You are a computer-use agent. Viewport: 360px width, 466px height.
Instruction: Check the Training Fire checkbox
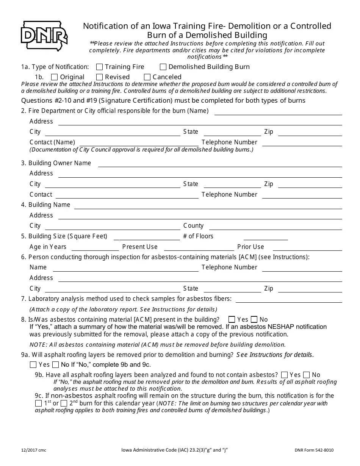tap(100, 67)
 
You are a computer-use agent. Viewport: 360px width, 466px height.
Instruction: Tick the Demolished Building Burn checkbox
tap(163, 67)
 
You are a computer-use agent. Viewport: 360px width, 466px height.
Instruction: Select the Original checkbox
tap(55, 77)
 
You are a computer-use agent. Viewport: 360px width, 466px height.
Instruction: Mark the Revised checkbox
tap(100, 77)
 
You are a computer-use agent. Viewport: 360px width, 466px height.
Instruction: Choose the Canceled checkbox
tap(147, 77)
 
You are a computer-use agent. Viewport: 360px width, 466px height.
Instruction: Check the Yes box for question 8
tap(232, 320)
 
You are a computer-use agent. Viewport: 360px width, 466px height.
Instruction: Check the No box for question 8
tap(254, 320)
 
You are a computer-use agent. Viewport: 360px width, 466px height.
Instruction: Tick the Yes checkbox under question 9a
tap(33, 365)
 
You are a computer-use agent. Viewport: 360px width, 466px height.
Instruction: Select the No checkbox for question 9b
tap(307, 375)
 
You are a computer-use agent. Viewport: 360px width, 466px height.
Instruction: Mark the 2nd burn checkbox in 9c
tap(64, 403)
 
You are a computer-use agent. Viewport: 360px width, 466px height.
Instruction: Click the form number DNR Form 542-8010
tap(314, 450)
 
